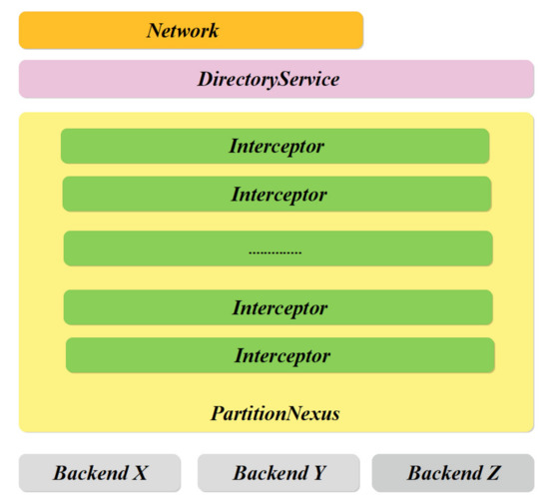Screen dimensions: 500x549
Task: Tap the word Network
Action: point(183,30)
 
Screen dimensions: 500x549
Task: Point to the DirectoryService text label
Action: point(269,79)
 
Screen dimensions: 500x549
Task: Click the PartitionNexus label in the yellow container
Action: point(275,412)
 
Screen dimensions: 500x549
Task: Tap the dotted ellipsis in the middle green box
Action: point(275,252)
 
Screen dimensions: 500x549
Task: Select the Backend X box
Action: point(100,472)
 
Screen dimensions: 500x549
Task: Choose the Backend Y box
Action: point(278,472)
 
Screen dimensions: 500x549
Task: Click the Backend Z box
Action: point(453,472)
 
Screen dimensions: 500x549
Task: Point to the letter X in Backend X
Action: point(141,472)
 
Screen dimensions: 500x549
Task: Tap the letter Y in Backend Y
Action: point(319,472)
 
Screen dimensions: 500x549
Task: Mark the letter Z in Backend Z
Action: point(493,472)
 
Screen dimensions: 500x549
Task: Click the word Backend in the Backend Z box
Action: point(442,472)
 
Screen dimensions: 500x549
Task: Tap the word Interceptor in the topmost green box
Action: point(276,146)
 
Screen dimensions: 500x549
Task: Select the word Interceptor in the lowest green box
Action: point(282,355)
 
